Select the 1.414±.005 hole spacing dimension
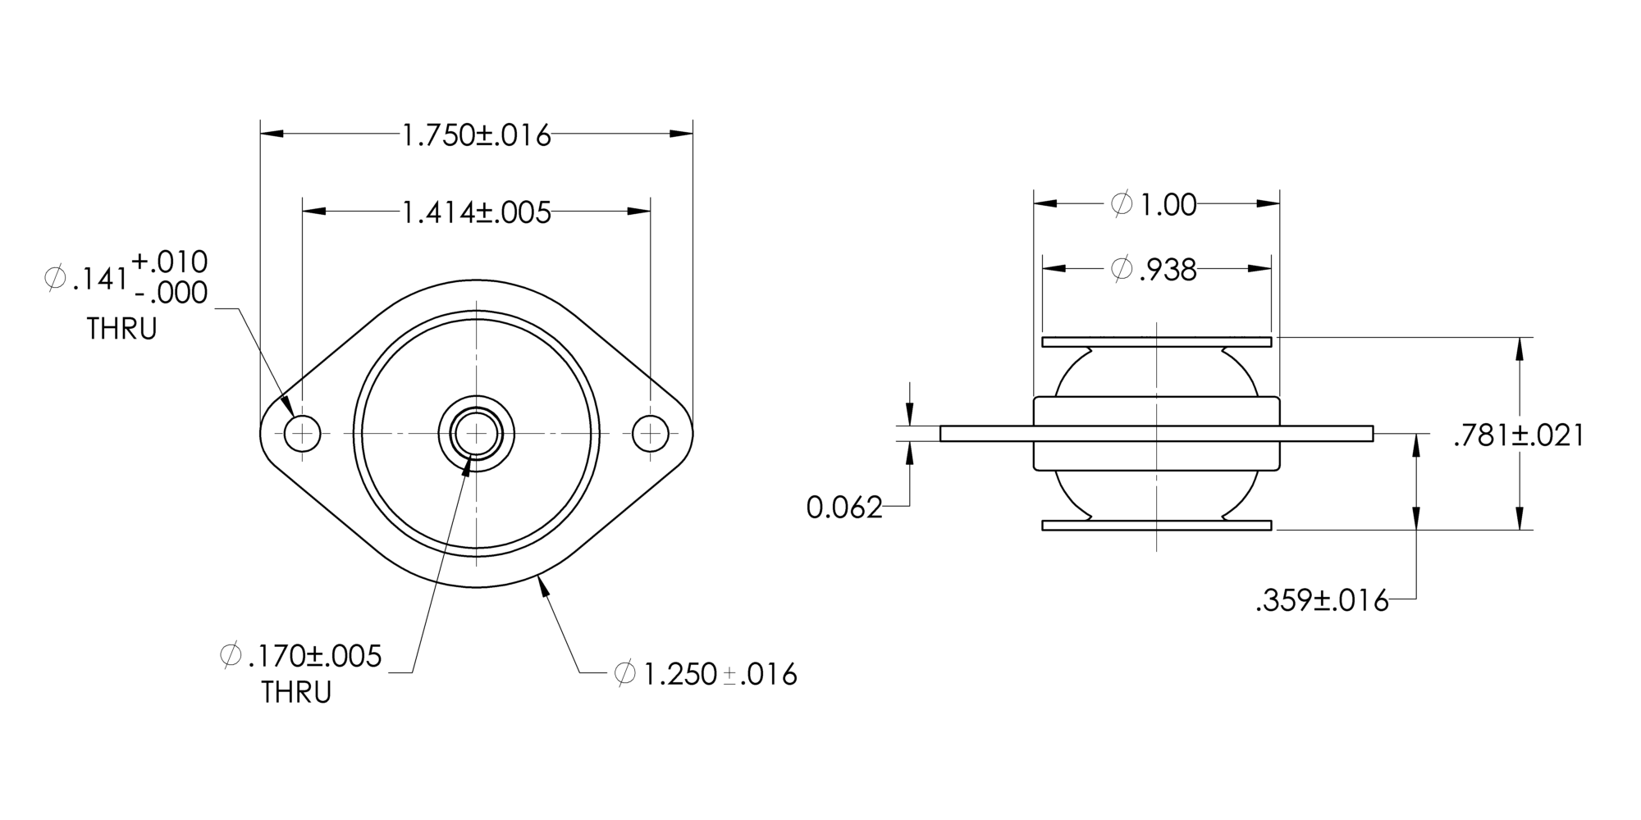coord(476,212)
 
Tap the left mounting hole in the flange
coord(302,433)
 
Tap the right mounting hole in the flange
coord(651,433)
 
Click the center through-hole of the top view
coord(476,433)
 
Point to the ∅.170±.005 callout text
coord(302,656)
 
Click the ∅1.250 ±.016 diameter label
coord(706,674)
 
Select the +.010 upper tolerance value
coord(170,262)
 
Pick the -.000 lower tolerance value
coord(170,293)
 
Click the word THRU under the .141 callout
coord(121,330)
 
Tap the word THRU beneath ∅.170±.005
coord(296,693)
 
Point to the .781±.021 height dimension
coord(1518,435)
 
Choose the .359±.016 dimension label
coord(1322,601)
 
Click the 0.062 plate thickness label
coord(843,508)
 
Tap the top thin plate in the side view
coord(1156,342)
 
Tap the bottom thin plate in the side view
coord(1156,526)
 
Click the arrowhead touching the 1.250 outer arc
coord(542,585)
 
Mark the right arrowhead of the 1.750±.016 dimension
coord(682,134)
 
